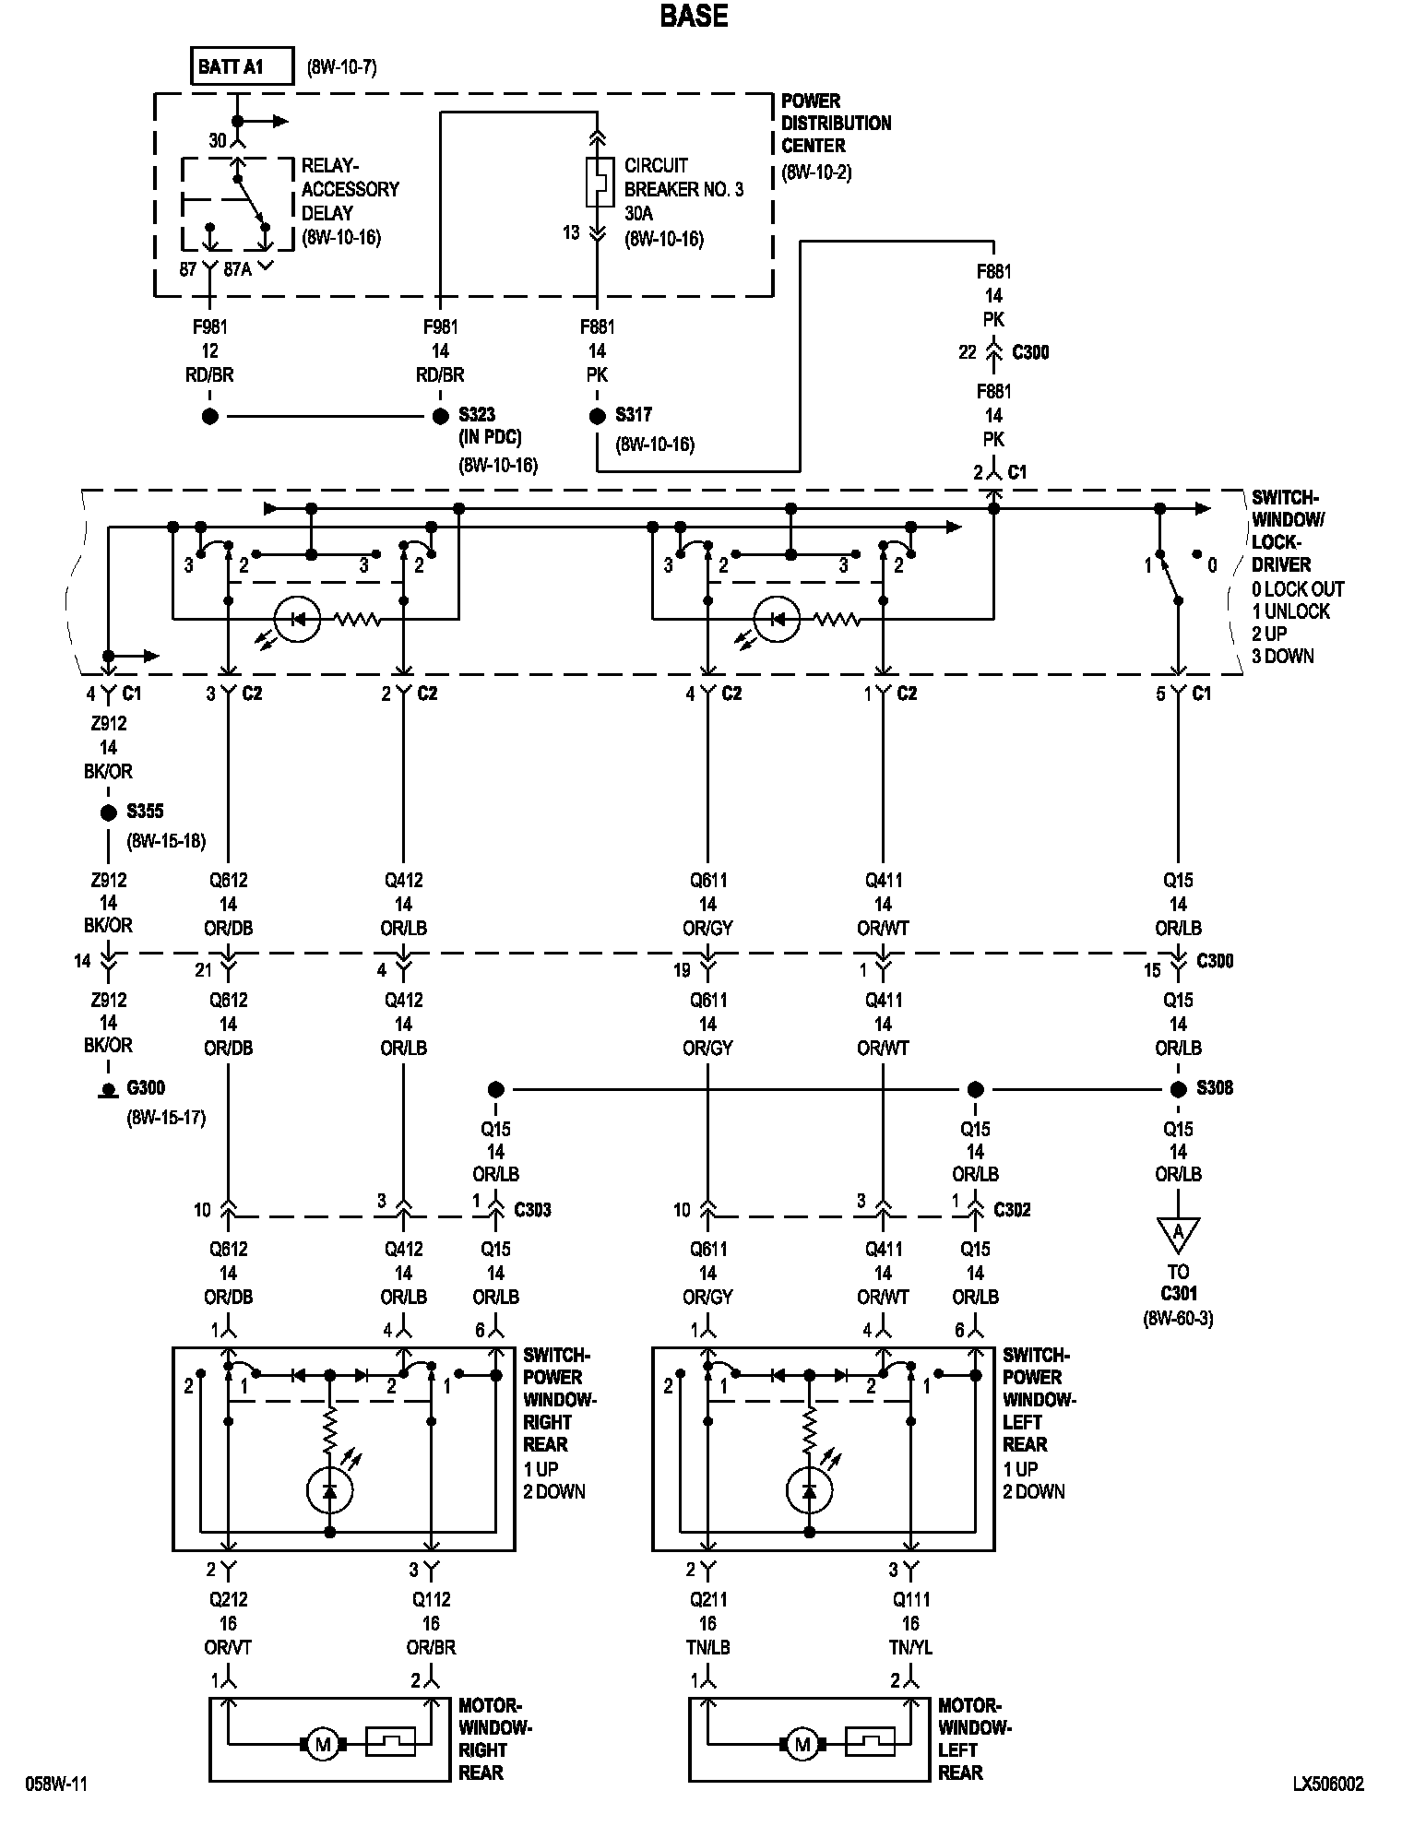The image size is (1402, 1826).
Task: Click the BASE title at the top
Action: pos(694,17)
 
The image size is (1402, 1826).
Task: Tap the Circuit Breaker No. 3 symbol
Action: pos(598,182)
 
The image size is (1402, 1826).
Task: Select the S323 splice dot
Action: pos(440,417)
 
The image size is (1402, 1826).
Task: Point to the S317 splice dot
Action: pos(597,417)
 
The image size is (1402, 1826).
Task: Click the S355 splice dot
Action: pos(108,812)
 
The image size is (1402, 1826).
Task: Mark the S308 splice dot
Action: pos(1178,1089)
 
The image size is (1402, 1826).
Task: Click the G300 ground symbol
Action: pos(108,1090)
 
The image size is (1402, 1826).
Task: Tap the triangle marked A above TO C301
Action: pos(1178,1232)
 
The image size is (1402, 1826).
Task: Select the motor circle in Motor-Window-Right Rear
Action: pos(323,1744)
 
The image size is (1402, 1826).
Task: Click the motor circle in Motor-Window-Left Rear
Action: pos(802,1744)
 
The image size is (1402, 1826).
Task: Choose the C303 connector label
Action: pos(532,1209)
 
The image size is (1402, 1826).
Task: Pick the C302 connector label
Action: pos(1012,1209)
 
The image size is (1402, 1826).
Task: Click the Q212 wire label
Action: pos(228,1600)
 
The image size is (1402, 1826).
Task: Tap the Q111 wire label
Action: pos(910,1600)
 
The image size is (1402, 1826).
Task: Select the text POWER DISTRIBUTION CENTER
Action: pos(836,123)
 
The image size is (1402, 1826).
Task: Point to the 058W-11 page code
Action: pos(56,1784)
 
